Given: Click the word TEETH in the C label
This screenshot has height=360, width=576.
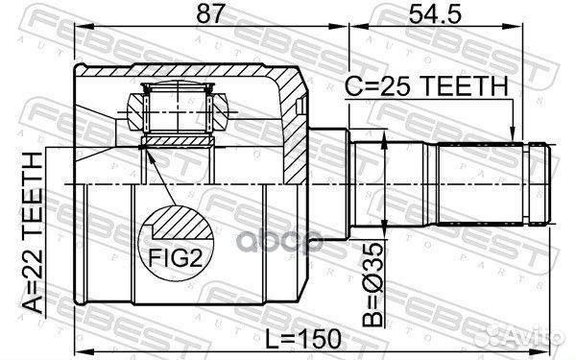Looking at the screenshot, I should [x=465, y=87].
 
